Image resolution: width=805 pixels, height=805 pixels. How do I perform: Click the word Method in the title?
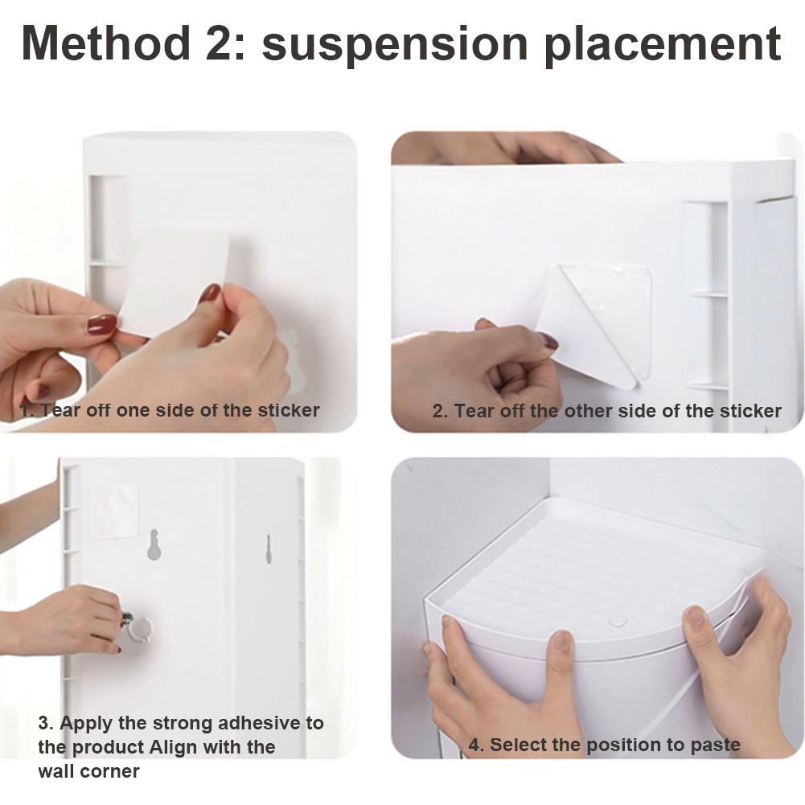point(105,43)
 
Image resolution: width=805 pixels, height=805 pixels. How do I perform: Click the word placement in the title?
point(663,45)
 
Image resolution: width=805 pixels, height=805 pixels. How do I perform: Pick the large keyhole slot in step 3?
point(154,544)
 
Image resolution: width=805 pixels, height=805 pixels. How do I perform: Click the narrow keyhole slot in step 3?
point(268,548)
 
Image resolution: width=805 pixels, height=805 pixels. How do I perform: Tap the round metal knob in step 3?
point(137,627)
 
